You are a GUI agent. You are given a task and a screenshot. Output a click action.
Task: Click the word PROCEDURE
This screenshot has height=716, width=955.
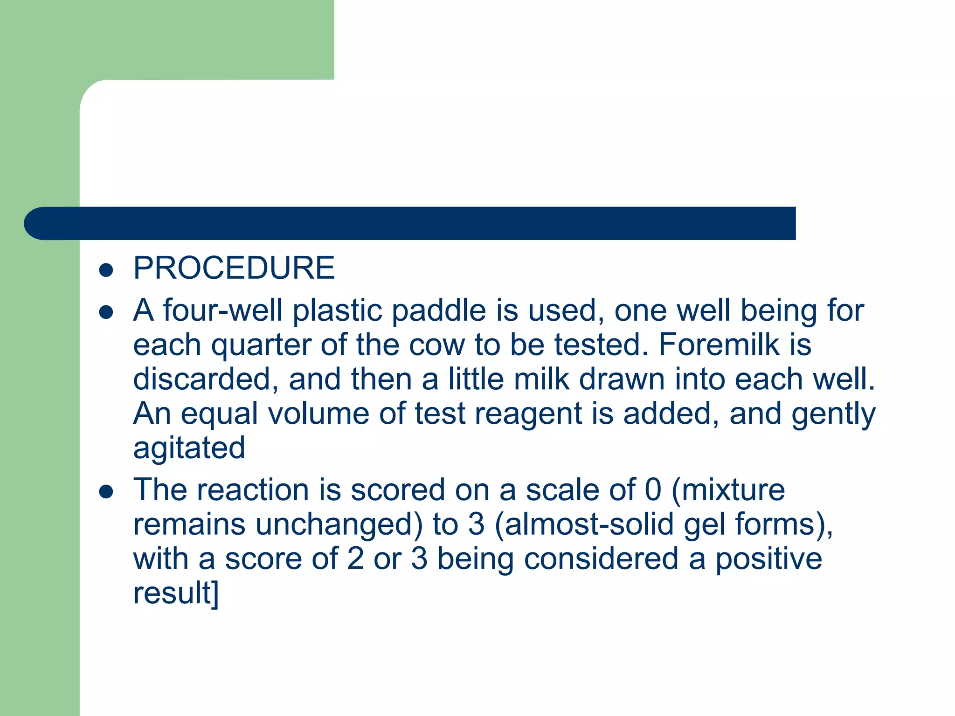click(x=234, y=268)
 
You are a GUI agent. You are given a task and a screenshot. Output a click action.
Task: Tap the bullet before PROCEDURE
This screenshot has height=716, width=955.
click(x=106, y=270)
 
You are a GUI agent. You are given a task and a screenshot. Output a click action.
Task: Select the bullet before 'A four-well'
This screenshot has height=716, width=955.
click(x=106, y=312)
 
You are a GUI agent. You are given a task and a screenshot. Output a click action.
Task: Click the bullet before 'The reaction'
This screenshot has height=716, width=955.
click(x=106, y=491)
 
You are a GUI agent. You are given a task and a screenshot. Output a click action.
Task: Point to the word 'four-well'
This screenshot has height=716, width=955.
click(x=222, y=310)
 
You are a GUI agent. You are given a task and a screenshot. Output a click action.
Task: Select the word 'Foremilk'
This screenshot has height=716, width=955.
click(x=719, y=345)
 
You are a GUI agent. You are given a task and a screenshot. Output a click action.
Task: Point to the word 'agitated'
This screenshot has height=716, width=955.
click(x=189, y=448)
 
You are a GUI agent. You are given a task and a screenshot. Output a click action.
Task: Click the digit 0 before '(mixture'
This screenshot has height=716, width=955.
click(x=653, y=490)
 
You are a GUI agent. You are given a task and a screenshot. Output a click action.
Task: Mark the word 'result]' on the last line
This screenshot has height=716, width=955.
click(x=176, y=593)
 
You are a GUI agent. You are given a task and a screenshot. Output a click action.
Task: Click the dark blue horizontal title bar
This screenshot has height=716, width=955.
click(x=420, y=223)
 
